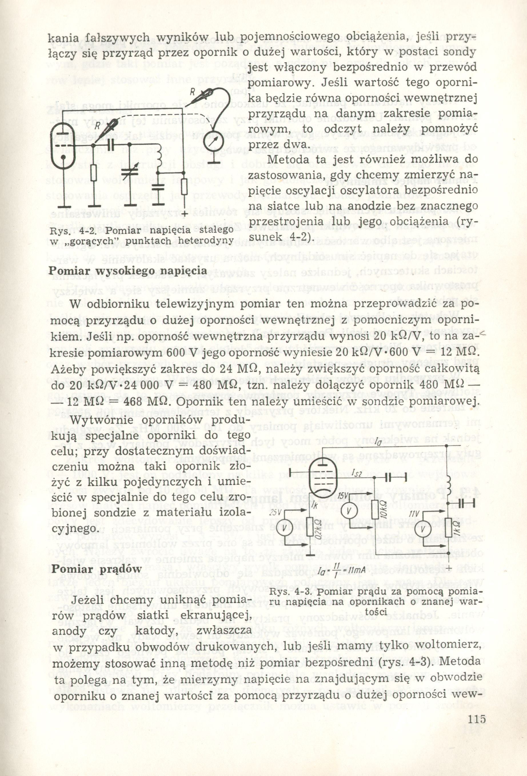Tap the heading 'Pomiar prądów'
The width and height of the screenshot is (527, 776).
pyautogui.click(x=97, y=569)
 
